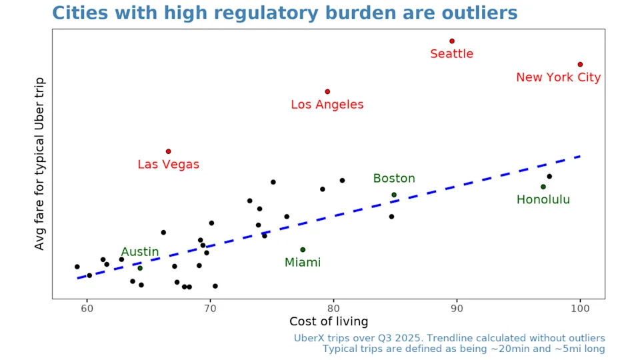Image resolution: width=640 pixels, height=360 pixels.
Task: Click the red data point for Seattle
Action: coord(452,41)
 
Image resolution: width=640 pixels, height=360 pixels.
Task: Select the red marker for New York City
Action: coord(580,65)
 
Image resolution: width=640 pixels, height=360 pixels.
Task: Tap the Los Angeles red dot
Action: coord(327,91)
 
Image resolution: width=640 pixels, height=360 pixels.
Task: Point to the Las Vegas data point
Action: coord(168,151)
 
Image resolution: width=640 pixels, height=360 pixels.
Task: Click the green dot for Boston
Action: coord(394,195)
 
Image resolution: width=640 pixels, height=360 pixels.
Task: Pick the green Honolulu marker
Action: coord(543,187)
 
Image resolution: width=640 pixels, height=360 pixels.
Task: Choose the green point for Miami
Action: coord(303,249)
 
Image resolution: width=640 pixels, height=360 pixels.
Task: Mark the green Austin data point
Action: coord(140,268)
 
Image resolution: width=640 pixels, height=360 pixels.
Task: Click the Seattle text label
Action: coord(451,54)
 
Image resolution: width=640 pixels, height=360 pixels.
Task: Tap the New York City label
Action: coord(559,77)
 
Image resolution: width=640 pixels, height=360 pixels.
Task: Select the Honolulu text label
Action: coord(543,199)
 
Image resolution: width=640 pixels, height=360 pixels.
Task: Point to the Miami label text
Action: coord(303,263)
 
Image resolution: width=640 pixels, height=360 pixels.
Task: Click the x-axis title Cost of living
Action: coord(329,322)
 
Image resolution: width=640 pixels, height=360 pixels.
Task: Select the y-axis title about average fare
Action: coord(40,163)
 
